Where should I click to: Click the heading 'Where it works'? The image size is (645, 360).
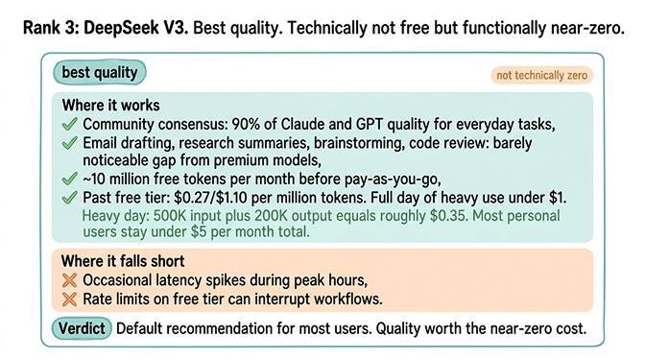110,106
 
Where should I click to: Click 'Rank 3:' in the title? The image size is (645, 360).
55,28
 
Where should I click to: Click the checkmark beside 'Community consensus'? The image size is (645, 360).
69,125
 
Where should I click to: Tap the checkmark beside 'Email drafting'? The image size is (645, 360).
69,144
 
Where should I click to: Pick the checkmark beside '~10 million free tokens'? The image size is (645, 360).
69,180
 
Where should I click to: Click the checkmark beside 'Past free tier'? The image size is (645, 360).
69,198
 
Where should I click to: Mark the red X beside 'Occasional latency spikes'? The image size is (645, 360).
69,280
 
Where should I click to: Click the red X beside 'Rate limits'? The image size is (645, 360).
69,299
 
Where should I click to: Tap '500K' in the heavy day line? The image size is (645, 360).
170,216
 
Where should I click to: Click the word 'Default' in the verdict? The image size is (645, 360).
143,328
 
